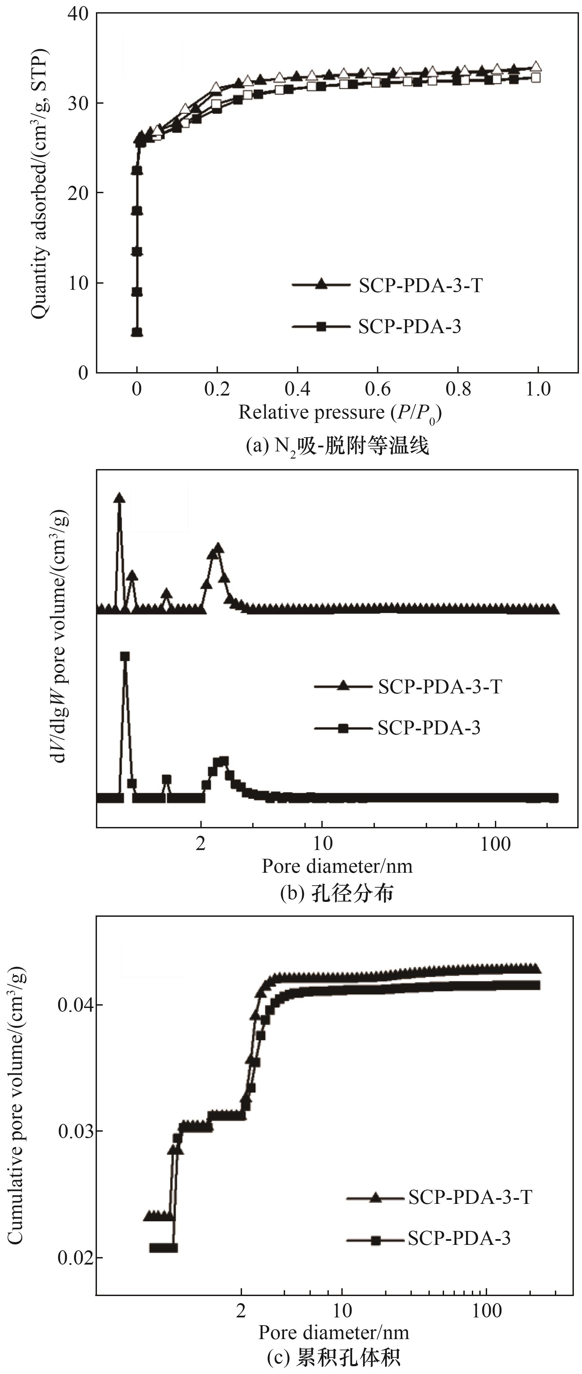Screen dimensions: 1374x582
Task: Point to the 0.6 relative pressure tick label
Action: coord(378,389)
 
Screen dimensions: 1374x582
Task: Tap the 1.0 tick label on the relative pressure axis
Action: coord(538,389)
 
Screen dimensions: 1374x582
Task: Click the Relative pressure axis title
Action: coord(340,413)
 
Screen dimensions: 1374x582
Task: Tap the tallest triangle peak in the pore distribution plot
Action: coord(120,498)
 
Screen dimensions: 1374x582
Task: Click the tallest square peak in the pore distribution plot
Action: coord(125,656)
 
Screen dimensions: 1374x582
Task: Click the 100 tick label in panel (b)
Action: coord(496,844)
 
